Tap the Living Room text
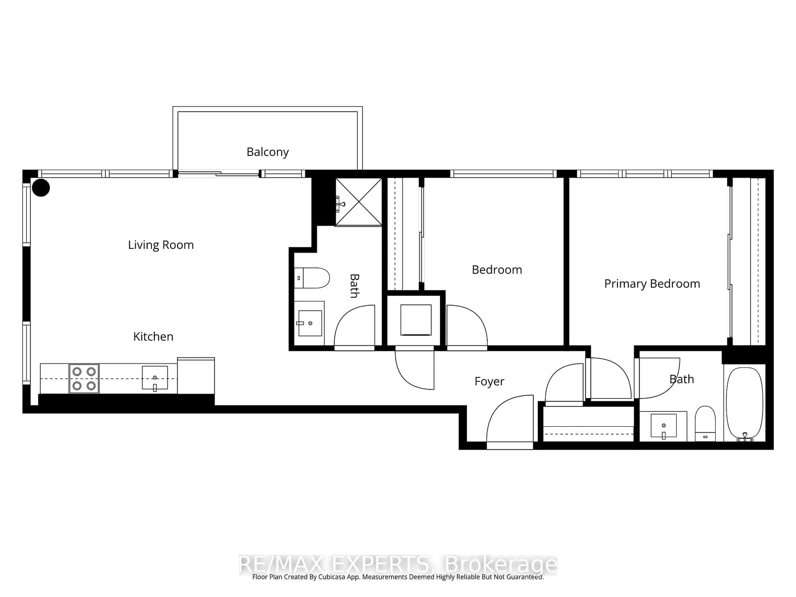pos(161,245)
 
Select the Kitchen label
pos(153,336)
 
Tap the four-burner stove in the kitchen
pos(84,379)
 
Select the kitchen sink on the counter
pos(155,378)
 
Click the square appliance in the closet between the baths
pos(416,320)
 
